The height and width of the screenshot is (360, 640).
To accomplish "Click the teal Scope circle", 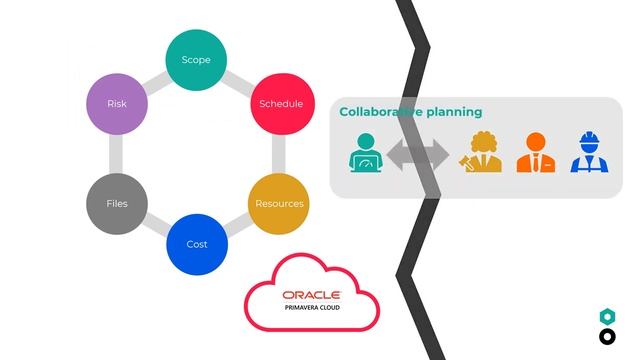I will (196, 60).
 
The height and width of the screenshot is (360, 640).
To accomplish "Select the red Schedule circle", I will (281, 104).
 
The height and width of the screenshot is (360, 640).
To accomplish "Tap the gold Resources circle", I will (279, 204).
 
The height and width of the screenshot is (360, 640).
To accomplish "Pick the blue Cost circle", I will (197, 244).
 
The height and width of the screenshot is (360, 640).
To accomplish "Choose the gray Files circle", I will (117, 204).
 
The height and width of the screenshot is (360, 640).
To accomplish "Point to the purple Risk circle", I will (117, 104).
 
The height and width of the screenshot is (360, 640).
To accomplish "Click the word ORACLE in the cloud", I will (311, 295).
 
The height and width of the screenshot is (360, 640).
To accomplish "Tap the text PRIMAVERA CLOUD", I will (311, 308).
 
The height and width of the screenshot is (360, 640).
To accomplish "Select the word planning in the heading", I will (449, 112).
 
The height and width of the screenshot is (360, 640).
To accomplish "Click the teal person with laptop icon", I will (365, 153).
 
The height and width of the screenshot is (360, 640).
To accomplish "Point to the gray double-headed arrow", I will (417, 155).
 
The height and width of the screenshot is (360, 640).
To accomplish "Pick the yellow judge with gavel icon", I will (481, 153).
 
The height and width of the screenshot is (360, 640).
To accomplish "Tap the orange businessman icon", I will (536, 153).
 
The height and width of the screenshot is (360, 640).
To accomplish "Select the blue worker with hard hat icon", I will (589, 153).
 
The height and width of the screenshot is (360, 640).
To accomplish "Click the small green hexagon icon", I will (606, 316).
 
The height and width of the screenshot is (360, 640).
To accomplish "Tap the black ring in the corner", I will (606, 337).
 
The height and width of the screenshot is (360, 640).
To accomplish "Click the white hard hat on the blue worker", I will (589, 139).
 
